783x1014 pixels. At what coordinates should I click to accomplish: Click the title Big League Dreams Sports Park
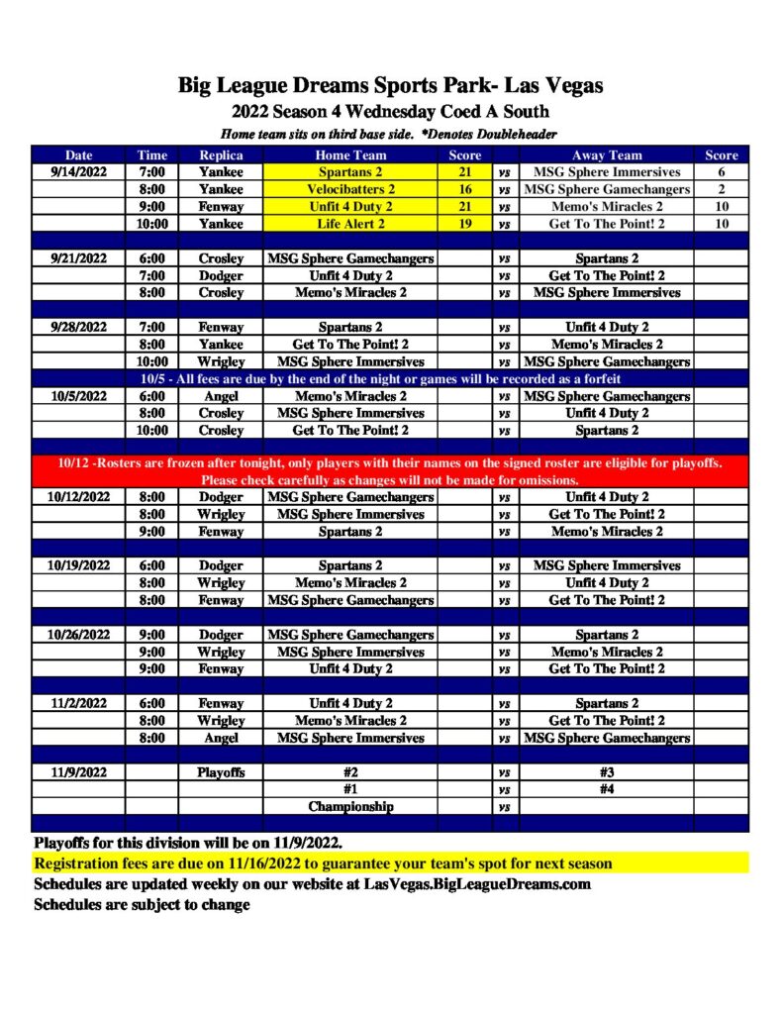click(390, 86)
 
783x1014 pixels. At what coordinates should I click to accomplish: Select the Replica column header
click(221, 155)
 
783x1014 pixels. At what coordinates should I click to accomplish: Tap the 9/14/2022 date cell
click(78, 172)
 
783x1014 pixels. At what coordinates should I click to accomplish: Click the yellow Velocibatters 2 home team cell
click(350, 189)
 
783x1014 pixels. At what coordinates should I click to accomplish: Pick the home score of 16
click(465, 189)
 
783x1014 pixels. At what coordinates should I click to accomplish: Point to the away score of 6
click(722, 172)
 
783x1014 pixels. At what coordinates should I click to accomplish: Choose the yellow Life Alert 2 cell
click(350, 224)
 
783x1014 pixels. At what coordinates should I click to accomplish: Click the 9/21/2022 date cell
click(78, 258)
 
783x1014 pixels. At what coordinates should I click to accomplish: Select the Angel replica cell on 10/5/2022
click(221, 396)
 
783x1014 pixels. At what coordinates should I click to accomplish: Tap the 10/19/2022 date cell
click(78, 565)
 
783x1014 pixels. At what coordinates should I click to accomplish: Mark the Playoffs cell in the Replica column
click(221, 771)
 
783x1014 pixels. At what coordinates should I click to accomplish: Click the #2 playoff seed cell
click(350, 771)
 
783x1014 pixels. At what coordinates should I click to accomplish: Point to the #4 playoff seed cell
click(606, 789)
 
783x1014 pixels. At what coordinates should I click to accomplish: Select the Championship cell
click(350, 806)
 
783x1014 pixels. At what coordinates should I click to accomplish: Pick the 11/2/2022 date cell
click(78, 703)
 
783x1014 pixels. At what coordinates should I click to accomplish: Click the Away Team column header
click(606, 155)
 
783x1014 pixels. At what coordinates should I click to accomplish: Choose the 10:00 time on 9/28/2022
click(152, 361)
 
